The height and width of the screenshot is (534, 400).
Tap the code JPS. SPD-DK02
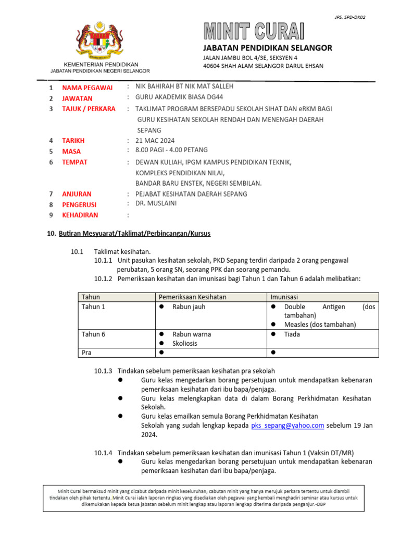click(x=349, y=17)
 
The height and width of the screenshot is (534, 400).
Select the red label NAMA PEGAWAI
click(x=87, y=88)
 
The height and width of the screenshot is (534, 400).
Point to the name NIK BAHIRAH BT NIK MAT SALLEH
click(x=184, y=86)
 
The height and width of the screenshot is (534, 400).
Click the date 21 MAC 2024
click(x=155, y=140)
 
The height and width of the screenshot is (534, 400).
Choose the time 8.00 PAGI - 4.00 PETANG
click(x=171, y=150)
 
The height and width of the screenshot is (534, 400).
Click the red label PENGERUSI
click(x=80, y=204)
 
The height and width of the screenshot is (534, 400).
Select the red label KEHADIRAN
click(x=80, y=215)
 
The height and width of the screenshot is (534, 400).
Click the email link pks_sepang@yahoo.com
click(x=287, y=426)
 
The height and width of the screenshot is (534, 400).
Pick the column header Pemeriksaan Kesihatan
click(x=193, y=297)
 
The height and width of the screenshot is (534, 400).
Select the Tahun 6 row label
click(x=94, y=334)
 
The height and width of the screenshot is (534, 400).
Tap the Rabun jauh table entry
click(x=189, y=307)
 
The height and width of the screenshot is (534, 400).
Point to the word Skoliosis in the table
click(x=184, y=344)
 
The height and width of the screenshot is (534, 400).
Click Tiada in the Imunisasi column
click(x=292, y=334)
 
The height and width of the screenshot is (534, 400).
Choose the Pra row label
click(x=87, y=353)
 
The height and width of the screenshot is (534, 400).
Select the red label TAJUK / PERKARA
click(x=89, y=109)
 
